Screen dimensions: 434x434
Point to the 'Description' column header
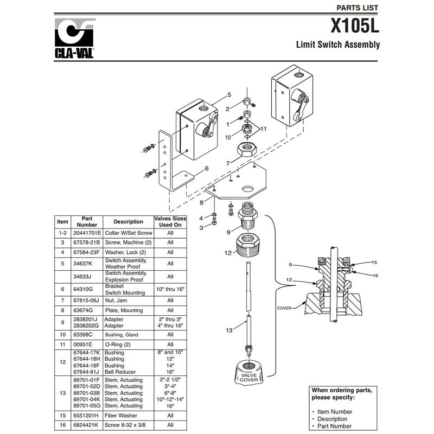click(128, 221)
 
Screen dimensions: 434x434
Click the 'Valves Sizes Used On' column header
click(170, 221)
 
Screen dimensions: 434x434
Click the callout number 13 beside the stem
click(229, 330)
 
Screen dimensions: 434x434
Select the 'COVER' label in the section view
click(284, 308)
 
